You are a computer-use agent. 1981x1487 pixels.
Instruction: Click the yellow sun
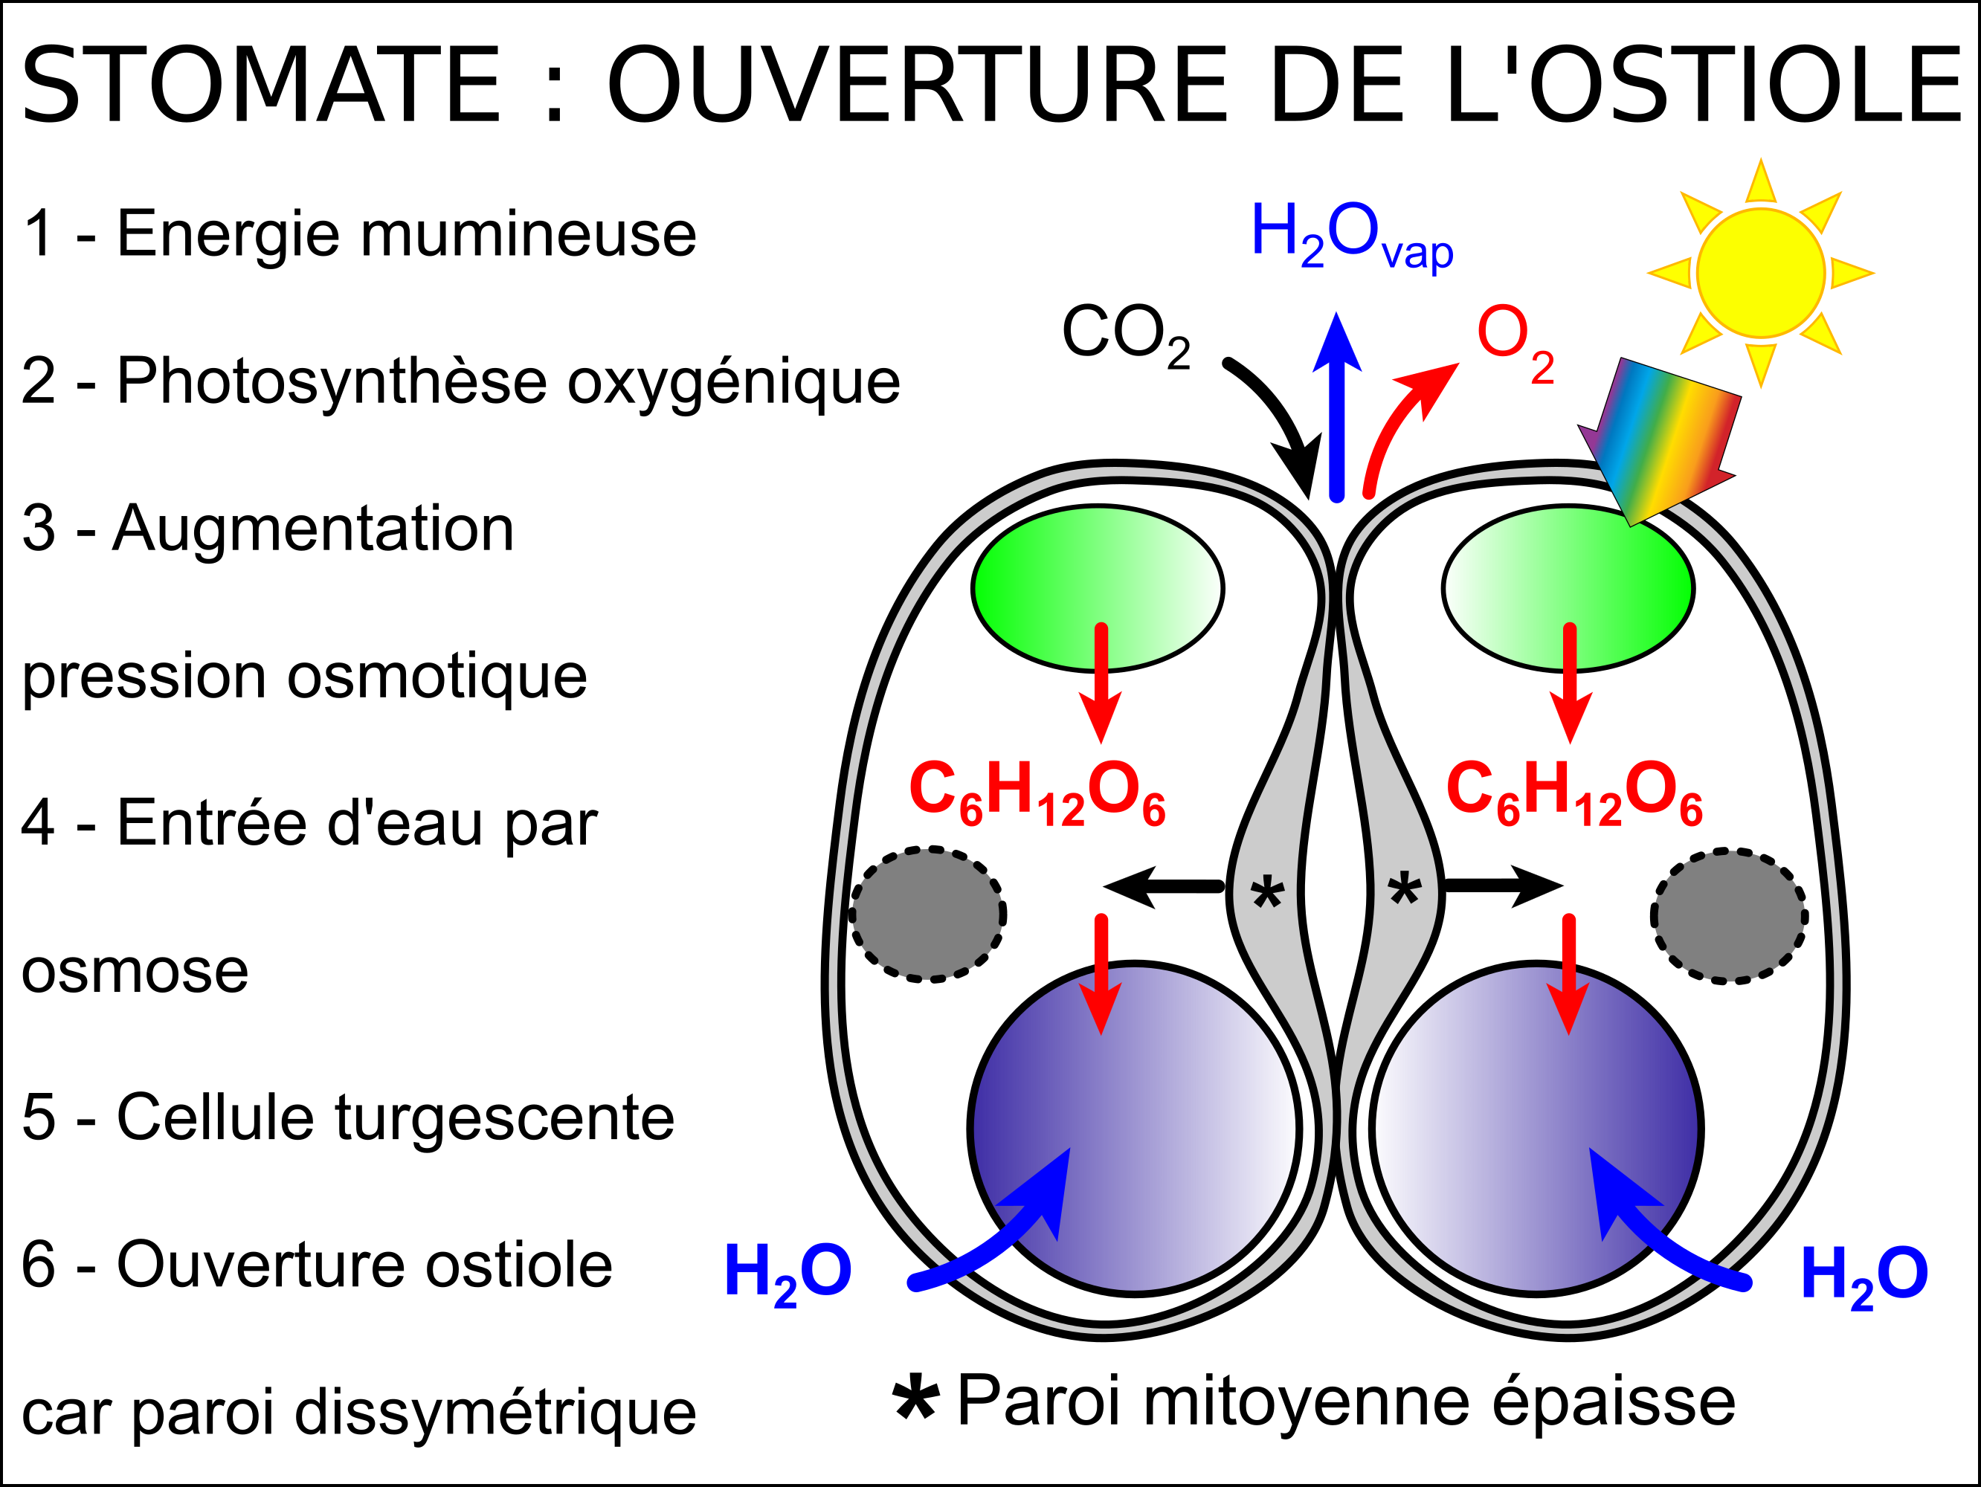1760,273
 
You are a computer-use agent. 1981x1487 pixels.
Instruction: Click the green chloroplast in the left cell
1097,588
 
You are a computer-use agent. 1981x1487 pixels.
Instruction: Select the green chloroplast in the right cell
1568,588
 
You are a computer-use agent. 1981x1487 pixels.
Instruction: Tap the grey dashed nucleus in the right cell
1728,916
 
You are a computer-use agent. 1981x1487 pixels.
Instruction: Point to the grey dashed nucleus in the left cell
927,914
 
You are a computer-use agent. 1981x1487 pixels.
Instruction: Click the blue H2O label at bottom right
1864,1276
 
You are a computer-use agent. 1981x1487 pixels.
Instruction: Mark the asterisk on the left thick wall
1267,892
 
